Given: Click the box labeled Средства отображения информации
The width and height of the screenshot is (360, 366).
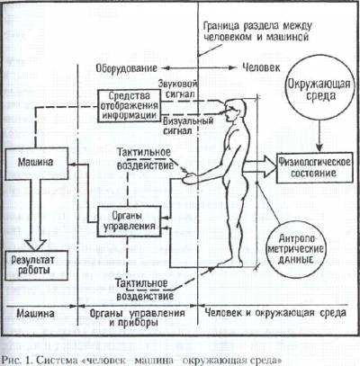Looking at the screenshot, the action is [129, 105].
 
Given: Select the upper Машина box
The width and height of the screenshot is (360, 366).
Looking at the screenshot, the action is [37, 164].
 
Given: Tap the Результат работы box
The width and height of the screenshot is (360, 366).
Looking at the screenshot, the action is [37, 264].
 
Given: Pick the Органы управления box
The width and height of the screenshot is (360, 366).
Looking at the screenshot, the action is [130, 221].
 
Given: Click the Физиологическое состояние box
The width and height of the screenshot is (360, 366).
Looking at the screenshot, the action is [314, 168].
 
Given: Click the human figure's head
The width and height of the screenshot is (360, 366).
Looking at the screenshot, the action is [236, 110].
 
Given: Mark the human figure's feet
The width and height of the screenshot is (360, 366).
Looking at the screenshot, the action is [230, 263].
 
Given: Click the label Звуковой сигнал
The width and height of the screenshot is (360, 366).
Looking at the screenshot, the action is [177, 89].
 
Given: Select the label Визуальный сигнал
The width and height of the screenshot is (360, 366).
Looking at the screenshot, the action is [188, 126].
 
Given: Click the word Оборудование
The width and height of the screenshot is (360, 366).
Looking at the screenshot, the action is [126, 68].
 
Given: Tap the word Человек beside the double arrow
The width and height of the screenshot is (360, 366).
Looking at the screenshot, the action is [261, 67].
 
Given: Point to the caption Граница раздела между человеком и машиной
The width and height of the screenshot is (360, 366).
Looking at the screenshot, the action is [257, 31].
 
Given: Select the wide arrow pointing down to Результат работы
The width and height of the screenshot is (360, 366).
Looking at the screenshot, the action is [36, 215].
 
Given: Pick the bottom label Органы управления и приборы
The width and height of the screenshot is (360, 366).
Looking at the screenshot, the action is [138, 317].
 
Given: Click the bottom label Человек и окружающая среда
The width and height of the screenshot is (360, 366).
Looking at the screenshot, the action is [275, 313].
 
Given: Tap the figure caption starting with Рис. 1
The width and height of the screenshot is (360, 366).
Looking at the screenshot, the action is [142, 360].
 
